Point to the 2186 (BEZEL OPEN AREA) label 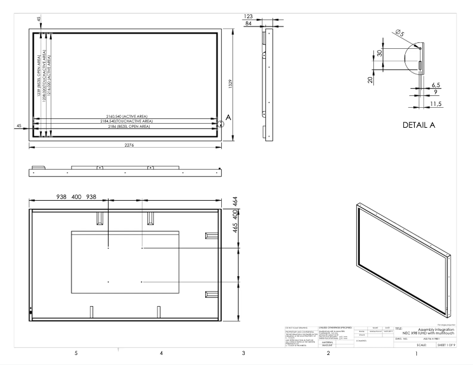click(x=124, y=127)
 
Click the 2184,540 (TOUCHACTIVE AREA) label click(x=124, y=122)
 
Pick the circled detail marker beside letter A click(x=221, y=124)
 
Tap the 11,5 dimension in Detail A click(x=436, y=104)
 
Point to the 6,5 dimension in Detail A click(x=436, y=85)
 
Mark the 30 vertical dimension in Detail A click(x=380, y=54)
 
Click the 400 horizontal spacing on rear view click(x=77, y=197)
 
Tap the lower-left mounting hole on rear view click(x=109, y=282)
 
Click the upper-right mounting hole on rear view click(x=142, y=248)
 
